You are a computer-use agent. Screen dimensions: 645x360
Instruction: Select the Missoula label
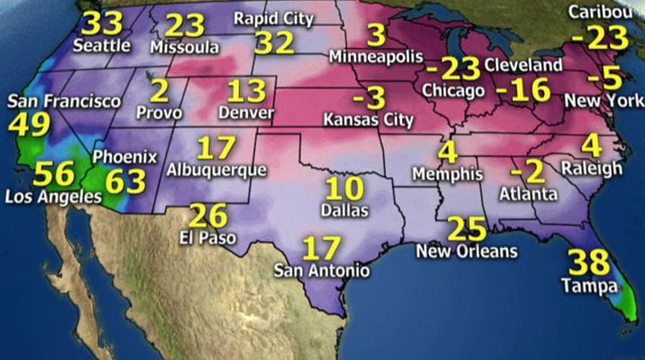pos(184,47)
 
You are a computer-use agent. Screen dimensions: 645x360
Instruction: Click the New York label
pos(603,102)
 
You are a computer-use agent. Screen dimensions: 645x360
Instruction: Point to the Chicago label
pos(453,91)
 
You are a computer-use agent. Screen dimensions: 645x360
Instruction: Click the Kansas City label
pos(369,119)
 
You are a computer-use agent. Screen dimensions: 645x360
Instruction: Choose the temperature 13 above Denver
pos(247,92)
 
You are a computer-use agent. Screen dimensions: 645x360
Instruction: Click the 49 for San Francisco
pos(30,125)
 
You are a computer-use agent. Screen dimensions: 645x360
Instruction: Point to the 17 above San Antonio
pos(321,248)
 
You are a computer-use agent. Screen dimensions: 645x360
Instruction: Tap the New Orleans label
pos(466,251)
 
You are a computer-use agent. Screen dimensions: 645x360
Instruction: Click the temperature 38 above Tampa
pos(589,264)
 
